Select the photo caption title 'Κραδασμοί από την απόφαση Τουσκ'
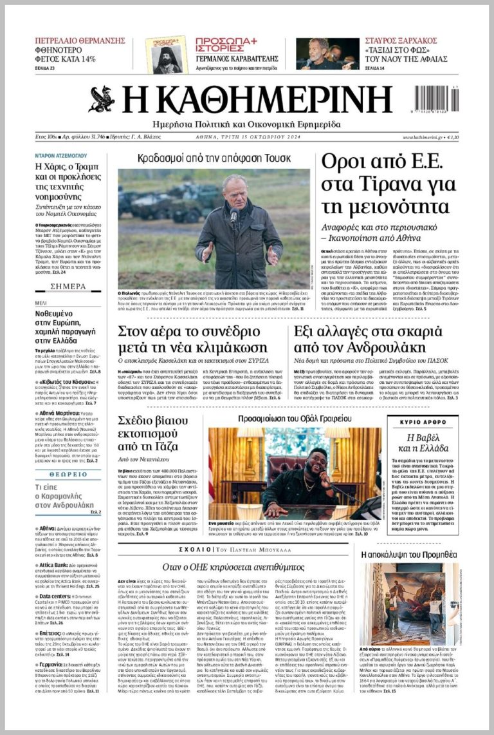tap(214, 158)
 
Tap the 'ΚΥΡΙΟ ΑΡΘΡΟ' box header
tap(423, 422)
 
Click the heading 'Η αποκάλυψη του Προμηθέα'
tap(409, 554)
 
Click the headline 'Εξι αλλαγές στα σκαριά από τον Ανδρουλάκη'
tap(368, 339)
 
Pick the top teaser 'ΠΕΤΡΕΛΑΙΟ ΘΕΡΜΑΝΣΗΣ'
tap(80, 41)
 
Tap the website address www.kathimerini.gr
tap(424, 137)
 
